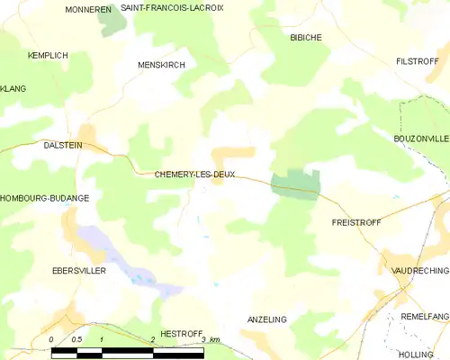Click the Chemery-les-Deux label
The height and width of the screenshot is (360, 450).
coord(195,175)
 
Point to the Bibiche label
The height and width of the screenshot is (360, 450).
coord(305,37)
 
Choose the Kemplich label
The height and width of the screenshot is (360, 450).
coord(48,56)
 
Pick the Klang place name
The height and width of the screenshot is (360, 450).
coord(13,88)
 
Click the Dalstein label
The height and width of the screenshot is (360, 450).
coord(63,144)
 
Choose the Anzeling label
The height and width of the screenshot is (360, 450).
coord(266,319)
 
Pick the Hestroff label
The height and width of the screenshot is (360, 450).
coord(181,333)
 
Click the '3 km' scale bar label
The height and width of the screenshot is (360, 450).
coord(211,339)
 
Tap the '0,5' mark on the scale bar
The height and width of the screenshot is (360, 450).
coord(77,339)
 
